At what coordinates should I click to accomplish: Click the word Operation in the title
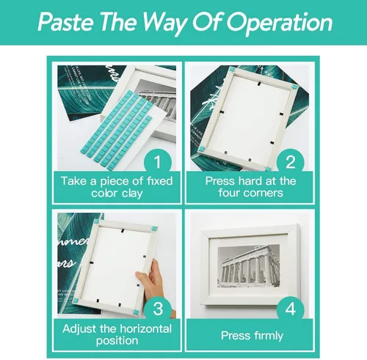(279, 23)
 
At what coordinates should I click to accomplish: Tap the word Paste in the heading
(65, 21)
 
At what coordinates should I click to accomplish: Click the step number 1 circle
(158, 161)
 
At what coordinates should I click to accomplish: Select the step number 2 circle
(291, 161)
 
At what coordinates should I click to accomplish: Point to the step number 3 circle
(158, 308)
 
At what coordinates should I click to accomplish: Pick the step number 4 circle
(291, 308)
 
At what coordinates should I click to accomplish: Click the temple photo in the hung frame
(249, 266)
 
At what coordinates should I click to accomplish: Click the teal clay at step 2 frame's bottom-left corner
(202, 149)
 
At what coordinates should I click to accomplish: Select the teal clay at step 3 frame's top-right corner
(153, 229)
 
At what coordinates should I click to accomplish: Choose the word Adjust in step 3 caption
(80, 329)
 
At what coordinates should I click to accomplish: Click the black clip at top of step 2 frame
(258, 84)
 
